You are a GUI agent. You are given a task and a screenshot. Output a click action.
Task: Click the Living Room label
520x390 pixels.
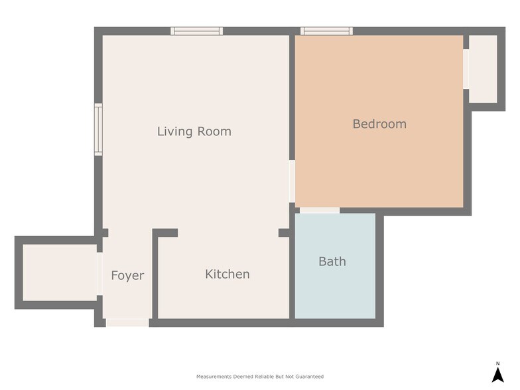194,131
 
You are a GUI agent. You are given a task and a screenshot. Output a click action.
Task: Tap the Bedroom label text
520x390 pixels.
379,124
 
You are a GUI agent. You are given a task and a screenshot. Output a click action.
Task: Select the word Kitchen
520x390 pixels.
227,274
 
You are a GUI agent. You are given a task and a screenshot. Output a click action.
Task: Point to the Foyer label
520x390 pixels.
127,275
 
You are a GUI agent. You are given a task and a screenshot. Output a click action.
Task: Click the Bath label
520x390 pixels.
332,261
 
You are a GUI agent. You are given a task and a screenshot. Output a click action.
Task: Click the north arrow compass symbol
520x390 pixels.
497,375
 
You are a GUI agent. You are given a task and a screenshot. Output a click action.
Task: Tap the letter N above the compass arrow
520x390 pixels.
497,363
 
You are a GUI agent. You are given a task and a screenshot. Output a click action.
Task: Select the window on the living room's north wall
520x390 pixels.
196,31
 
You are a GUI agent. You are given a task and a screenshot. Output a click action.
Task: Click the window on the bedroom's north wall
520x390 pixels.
326,31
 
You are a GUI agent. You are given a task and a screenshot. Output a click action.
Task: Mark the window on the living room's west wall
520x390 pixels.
98,129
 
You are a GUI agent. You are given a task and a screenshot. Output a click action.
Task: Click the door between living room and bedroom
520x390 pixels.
292,181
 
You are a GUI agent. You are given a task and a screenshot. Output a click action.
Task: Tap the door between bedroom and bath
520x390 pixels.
320,210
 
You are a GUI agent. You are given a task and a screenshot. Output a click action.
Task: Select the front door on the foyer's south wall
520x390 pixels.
127,323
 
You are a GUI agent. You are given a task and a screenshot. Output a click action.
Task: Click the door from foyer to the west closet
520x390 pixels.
99,273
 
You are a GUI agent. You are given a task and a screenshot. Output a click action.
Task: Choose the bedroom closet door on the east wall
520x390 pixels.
466,69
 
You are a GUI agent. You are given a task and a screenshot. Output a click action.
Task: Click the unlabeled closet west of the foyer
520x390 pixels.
59,273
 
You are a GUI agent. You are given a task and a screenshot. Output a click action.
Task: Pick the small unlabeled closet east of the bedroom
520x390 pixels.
483,69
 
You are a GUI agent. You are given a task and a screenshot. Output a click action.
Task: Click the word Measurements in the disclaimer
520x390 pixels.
214,377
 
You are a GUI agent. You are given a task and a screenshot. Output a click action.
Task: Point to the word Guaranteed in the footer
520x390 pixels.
308,377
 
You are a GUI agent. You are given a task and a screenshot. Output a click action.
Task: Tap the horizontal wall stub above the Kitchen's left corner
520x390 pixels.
166,233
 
